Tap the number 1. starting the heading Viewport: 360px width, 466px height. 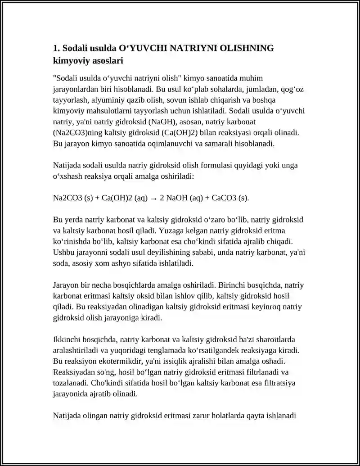pyautogui.click(x=57, y=48)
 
